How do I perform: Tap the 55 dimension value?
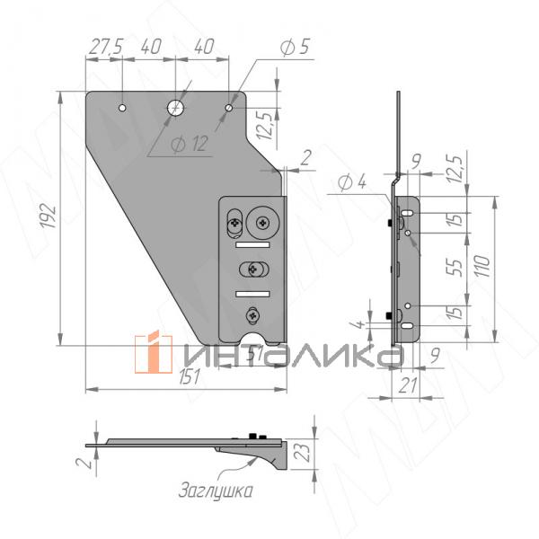455,267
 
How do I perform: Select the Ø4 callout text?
351,182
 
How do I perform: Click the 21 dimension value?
405,384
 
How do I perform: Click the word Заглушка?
215,490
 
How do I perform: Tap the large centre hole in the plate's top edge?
176,108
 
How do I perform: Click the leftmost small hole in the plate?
122,108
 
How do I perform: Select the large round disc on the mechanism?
267,218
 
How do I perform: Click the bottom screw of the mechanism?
252,315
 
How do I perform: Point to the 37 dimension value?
256,356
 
